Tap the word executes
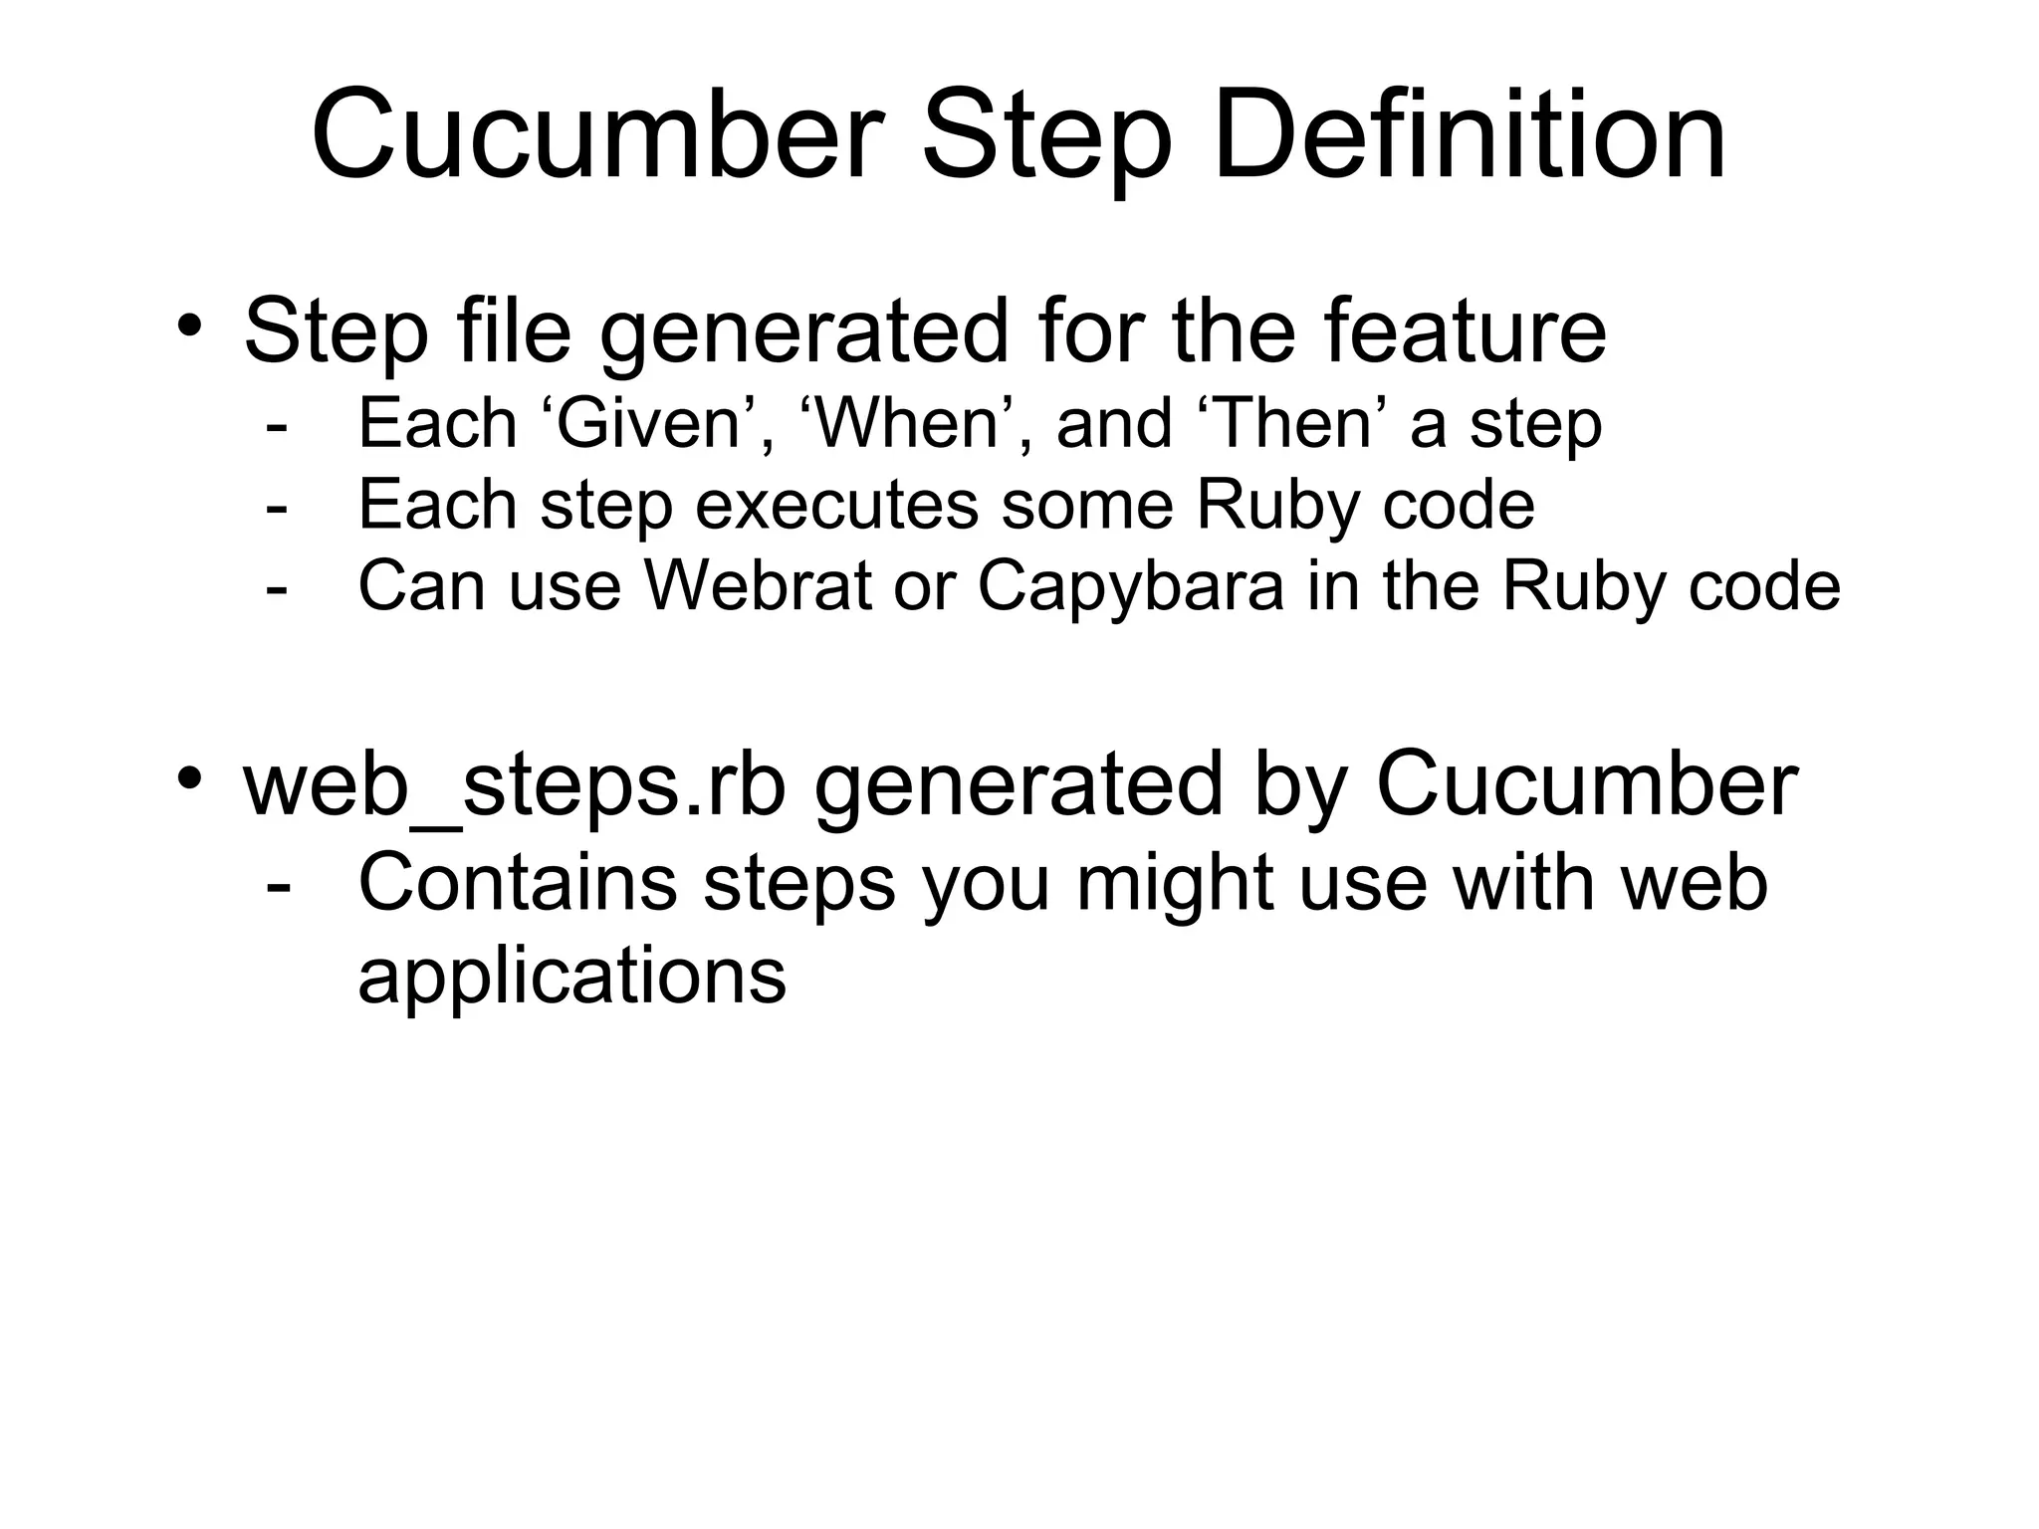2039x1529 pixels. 836,506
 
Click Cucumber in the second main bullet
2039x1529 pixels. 1587,784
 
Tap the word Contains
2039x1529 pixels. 518,883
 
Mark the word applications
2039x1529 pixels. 572,977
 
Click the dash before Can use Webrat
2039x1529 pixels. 277,588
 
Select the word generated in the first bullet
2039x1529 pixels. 804,332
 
